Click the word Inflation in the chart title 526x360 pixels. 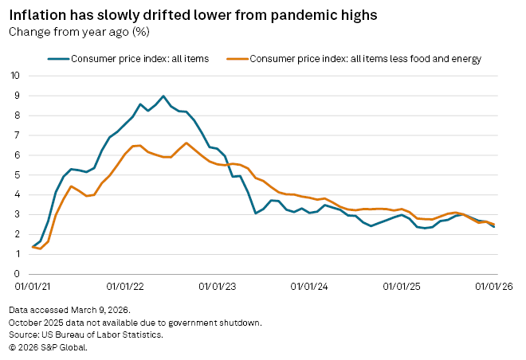pyautogui.click(x=34, y=15)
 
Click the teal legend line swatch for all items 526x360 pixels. pyautogui.click(x=57, y=58)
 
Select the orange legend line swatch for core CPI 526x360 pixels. pyautogui.click(x=237, y=58)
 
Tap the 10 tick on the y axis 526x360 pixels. pyautogui.click(x=15, y=76)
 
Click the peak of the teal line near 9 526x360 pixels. pyautogui.click(x=163, y=96)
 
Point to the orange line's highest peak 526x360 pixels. pyautogui.click(x=186, y=143)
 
